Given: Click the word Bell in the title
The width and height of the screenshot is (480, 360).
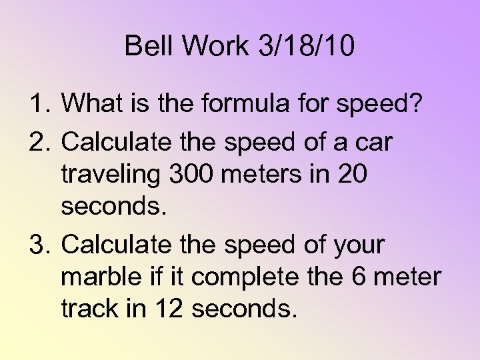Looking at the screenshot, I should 146,46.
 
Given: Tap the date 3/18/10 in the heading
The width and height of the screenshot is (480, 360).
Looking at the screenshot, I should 307,46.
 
